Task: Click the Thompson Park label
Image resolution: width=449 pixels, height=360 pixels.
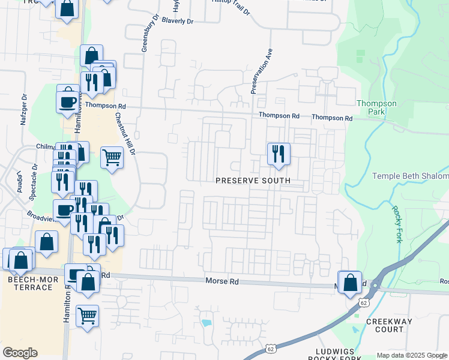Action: click(376, 107)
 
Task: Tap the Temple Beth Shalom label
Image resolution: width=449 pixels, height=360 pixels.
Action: click(411, 176)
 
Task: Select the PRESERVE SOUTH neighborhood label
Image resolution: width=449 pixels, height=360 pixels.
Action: click(253, 181)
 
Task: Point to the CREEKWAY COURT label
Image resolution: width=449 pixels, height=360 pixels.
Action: click(390, 326)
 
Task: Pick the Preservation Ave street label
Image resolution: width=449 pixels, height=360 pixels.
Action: click(262, 71)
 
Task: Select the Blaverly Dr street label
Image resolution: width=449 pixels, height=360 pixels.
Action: click(178, 21)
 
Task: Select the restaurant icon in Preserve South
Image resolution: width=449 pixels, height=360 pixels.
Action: click(279, 154)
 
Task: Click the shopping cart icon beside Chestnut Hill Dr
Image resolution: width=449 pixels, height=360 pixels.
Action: click(112, 158)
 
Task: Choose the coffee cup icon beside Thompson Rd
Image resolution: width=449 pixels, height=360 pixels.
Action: click(68, 100)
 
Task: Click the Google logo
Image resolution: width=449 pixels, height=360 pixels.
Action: click(20, 353)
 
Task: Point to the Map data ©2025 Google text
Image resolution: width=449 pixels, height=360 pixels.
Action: click(411, 355)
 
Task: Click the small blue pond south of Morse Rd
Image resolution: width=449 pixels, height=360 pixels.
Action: click(207, 323)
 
